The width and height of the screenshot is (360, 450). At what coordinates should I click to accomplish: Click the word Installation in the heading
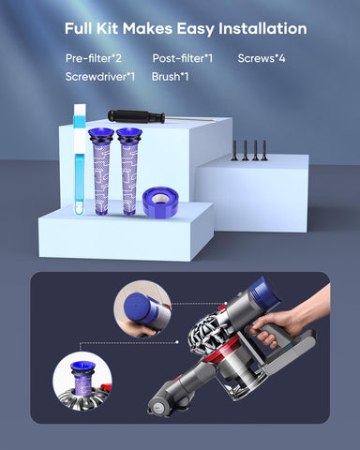[262, 29]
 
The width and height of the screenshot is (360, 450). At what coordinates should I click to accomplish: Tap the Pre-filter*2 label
[94, 58]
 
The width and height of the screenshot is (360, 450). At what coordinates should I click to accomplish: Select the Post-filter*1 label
[183, 58]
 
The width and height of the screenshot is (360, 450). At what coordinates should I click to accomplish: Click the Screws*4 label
[262, 58]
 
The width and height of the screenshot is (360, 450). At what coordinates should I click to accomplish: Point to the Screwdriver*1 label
[100, 77]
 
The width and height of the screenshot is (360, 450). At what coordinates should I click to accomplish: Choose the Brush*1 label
[170, 77]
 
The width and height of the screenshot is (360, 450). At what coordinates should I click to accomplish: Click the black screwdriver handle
[136, 117]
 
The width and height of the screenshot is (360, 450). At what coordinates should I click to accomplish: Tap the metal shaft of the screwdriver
[190, 119]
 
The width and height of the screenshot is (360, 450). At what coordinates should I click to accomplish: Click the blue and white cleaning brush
[80, 159]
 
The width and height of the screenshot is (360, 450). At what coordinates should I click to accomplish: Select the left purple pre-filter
[101, 172]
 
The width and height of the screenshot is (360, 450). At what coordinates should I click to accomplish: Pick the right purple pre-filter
[129, 172]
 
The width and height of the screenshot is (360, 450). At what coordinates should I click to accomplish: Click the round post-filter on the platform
[160, 202]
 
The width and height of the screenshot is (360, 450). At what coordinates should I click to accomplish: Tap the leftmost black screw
[234, 151]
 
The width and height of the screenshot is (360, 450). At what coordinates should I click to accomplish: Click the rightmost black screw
[264, 151]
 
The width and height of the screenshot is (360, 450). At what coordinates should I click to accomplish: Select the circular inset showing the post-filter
[142, 308]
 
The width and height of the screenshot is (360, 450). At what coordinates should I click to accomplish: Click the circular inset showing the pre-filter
[82, 381]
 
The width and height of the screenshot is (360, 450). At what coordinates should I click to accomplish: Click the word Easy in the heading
[195, 29]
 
